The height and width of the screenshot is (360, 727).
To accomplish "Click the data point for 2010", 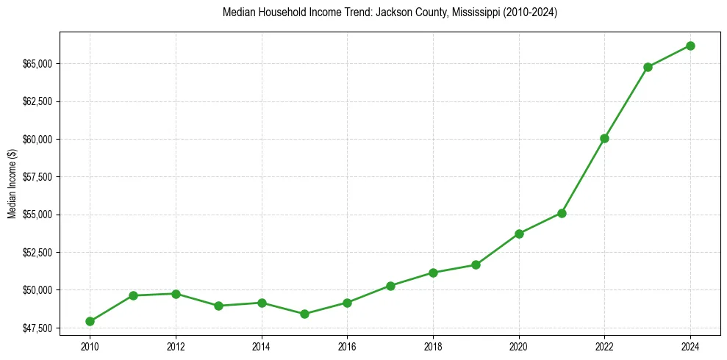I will tap(90, 321).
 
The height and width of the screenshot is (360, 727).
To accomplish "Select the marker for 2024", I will tap(690, 46).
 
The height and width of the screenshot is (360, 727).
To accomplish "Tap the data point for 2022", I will tap(604, 138).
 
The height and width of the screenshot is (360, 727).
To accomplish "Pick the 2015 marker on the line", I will tap(304, 314).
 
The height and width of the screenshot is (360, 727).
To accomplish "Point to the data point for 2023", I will tap(648, 67).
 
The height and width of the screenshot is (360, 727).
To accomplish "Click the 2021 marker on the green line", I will tap(562, 213).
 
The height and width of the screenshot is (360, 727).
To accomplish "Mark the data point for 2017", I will tap(390, 286).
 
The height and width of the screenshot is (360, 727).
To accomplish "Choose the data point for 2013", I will tap(218, 306).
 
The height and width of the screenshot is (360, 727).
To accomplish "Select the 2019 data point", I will tap(476, 264).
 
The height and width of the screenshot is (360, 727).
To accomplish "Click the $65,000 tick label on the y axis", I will tap(37, 64).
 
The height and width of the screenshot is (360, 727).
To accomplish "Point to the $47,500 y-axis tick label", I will tap(37, 328).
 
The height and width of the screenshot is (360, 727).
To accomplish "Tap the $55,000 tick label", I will tap(37, 215).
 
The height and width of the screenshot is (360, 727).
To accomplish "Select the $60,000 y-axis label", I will tap(37, 140).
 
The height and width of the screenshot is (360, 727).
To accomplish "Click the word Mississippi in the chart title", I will tap(468, 12).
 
